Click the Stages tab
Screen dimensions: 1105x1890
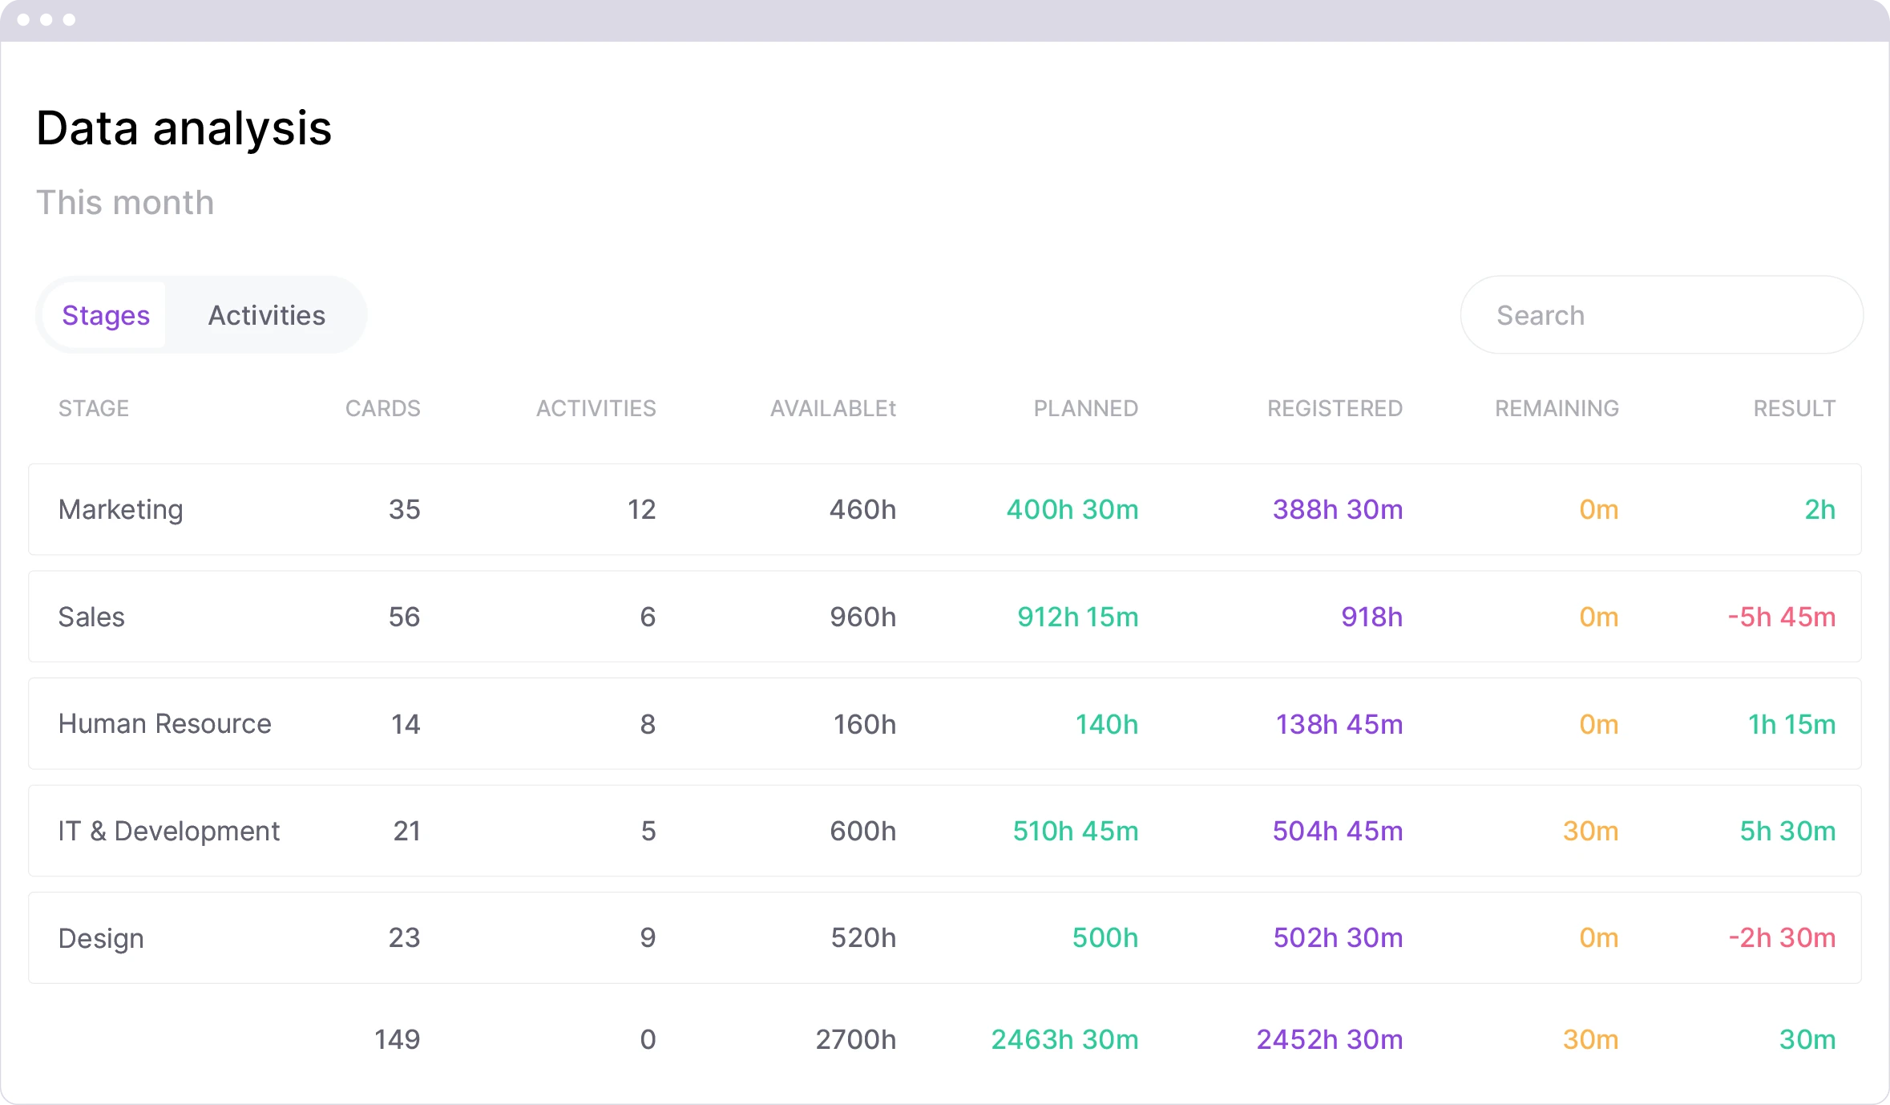pyautogui.click(x=106, y=315)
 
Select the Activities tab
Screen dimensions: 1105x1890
pyautogui.click(x=266, y=315)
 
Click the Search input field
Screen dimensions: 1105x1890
pyautogui.click(x=1661, y=315)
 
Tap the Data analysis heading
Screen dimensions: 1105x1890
pyautogui.click(x=184, y=128)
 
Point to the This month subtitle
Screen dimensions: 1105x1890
pyautogui.click(x=125, y=203)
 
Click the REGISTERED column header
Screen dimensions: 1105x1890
pyautogui.click(x=1335, y=408)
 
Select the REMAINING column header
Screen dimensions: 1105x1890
pyautogui.click(x=1557, y=408)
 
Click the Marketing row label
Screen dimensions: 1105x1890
pyautogui.click(x=120, y=510)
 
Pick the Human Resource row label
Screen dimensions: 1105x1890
pyautogui.click(x=164, y=724)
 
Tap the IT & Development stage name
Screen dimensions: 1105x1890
pyautogui.click(x=168, y=832)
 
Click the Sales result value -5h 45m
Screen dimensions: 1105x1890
pyautogui.click(x=1781, y=617)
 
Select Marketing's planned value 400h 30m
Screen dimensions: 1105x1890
pyautogui.click(x=1072, y=510)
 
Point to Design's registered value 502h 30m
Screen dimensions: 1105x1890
pyautogui.click(x=1338, y=938)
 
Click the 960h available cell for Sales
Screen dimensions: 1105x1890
pyautogui.click(x=862, y=617)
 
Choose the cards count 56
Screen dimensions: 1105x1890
pyautogui.click(x=404, y=617)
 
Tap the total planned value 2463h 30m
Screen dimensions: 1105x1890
pyautogui.click(x=1064, y=1040)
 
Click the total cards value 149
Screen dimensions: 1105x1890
pyautogui.click(x=397, y=1040)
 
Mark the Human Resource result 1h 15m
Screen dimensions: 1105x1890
pyautogui.click(x=1791, y=724)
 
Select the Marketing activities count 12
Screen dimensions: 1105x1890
pyautogui.click(x=641, y=510)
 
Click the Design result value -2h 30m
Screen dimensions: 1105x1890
pyautogui.click(x=1782, y=938)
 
